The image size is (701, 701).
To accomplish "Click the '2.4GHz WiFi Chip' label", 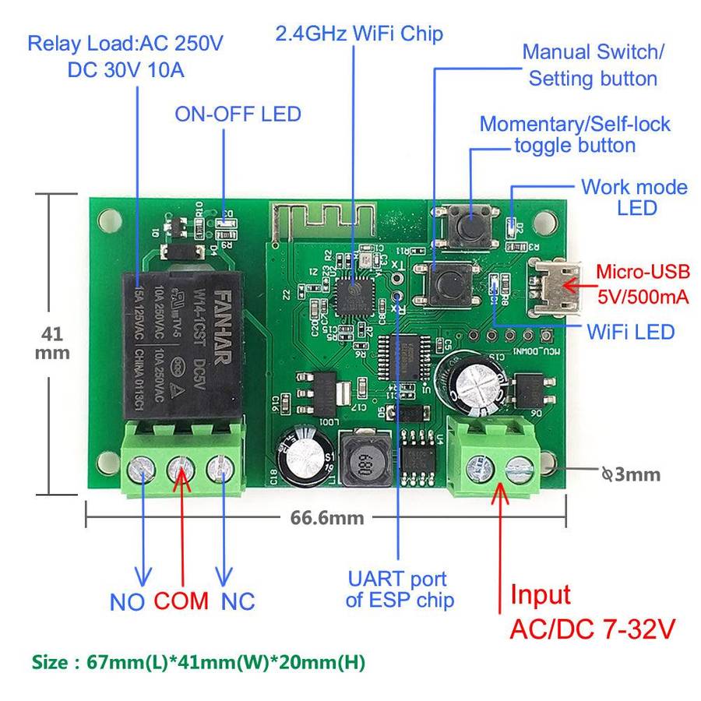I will pos(359,33).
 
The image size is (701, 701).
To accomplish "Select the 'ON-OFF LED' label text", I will pos(238,114).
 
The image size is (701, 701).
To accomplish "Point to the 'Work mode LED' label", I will pos(635,197).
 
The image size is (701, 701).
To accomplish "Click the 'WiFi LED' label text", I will pos(632,332).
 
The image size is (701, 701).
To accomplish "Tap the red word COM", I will pos(181,601).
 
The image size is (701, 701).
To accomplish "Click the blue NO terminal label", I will pos(129,601).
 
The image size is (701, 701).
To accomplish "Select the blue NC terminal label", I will pos(238,601).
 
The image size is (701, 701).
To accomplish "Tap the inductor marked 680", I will pos(360,465).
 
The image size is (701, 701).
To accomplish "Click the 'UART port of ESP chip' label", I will pos(396,590).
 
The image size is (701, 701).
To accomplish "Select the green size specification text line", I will pos(198,663).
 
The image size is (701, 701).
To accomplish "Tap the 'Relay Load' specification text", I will pos(125,55).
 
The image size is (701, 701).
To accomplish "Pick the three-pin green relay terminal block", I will pos(183,463).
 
